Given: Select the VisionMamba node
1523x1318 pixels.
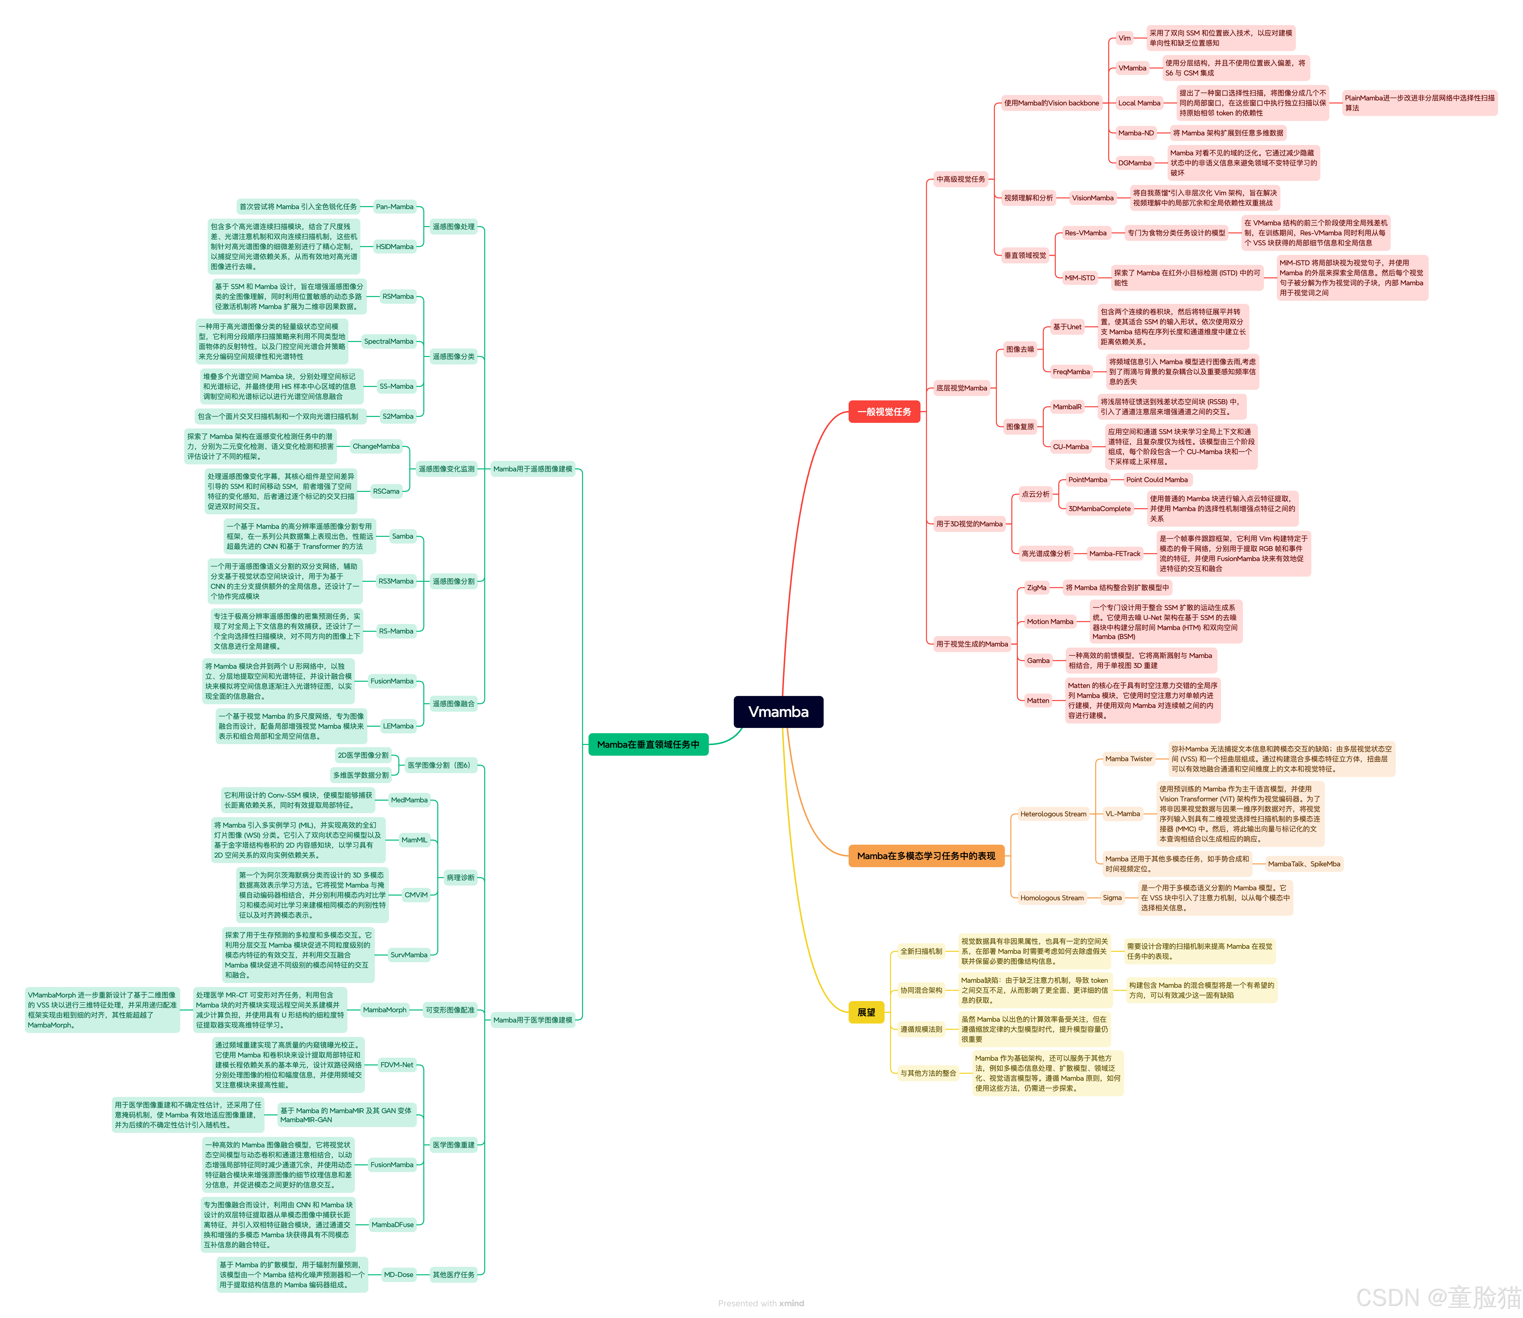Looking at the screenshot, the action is click(1092, 198).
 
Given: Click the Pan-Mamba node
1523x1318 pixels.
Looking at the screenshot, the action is click(395, 207).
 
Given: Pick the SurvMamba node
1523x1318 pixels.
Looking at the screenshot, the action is click(409, 955).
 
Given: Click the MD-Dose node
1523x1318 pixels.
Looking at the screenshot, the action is click(398, 1275).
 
